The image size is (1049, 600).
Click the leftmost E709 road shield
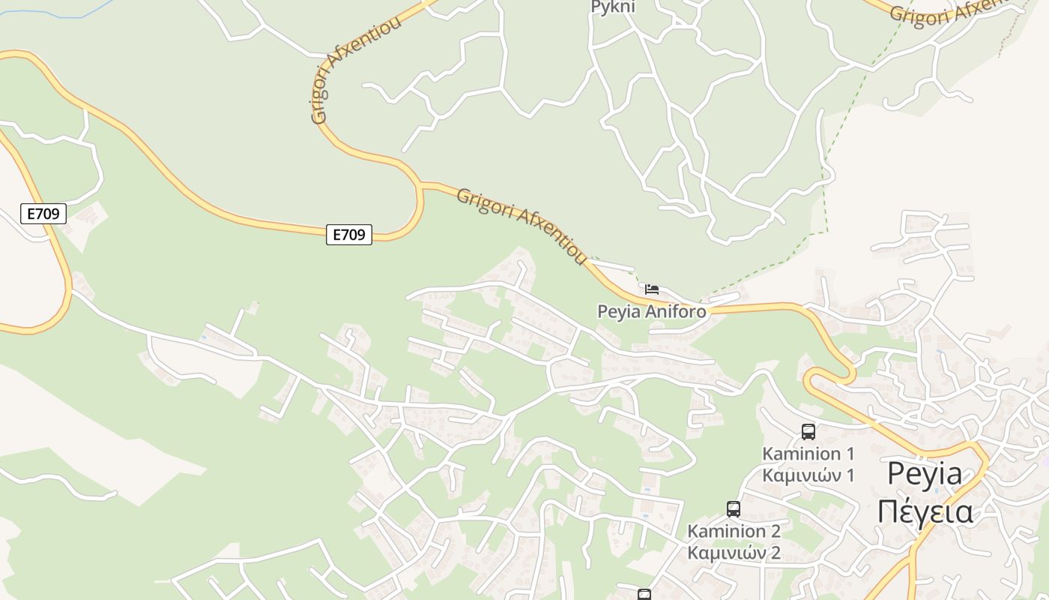click(43, 214)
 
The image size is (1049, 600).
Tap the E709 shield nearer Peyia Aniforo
click(349, 235)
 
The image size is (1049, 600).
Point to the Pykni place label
click(613, 7)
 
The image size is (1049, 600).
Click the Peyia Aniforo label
click(651, 311)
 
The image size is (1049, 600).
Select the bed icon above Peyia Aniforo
click(652, 289)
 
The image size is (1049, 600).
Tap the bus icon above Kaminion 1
click(808, 431)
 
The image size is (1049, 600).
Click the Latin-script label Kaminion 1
click(808, 454)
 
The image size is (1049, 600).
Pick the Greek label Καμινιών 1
click(808, 475)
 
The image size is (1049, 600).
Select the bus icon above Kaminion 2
click(734, 508)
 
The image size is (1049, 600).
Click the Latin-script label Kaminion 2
click(734, 531)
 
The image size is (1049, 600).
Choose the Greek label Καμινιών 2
click(734, 553)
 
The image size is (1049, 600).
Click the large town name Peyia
click(925, 474)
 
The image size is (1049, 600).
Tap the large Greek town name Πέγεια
click(925, 511)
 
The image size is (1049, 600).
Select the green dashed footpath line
click(824, 187)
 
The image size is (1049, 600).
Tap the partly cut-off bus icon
click(644, 595)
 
